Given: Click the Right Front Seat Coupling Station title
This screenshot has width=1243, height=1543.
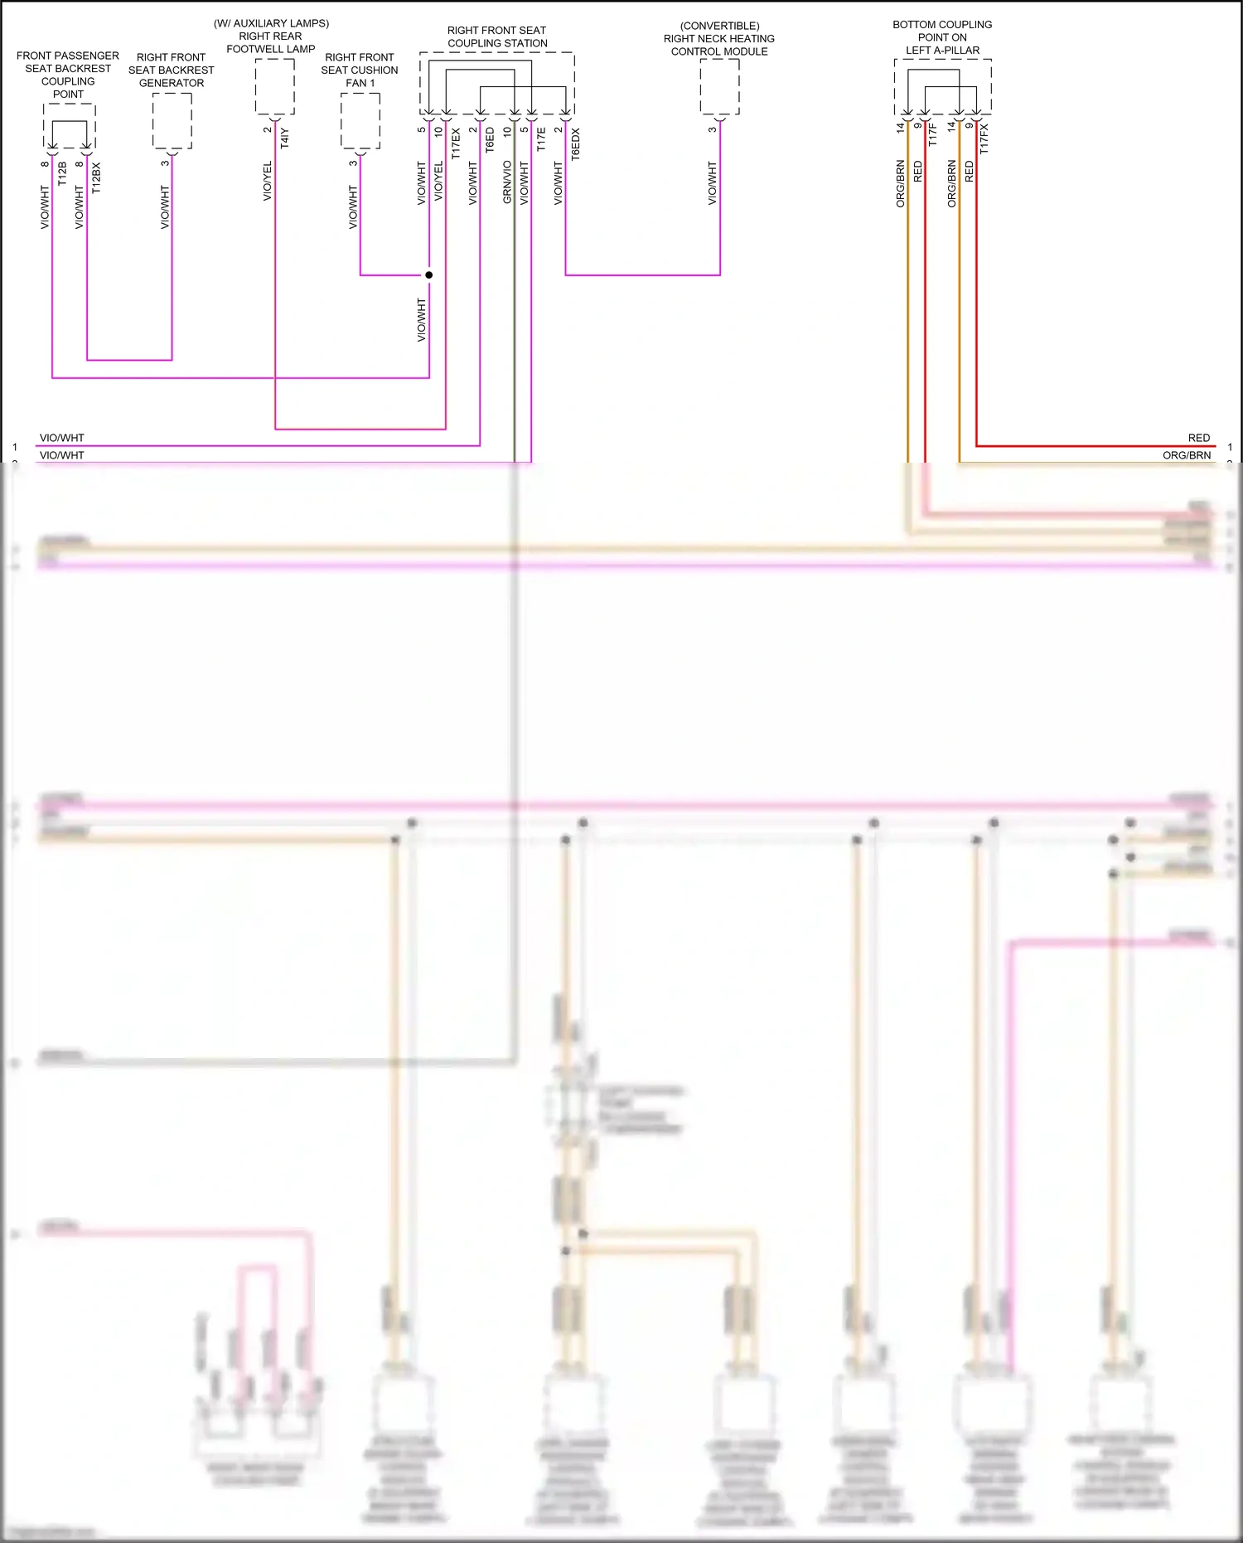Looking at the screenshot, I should tap(496, 36).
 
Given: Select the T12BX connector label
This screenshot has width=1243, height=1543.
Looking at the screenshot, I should tap(96, 178).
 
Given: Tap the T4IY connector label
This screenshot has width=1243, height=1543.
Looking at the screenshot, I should tap(284, 138).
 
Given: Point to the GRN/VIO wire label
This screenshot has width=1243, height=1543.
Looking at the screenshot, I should tap(507, 182).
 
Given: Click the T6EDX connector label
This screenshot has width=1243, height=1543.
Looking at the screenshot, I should tap(576, 143).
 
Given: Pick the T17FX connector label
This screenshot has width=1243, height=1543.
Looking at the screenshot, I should tap(984, 139).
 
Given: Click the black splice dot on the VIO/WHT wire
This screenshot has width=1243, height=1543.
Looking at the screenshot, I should tap(429, 274).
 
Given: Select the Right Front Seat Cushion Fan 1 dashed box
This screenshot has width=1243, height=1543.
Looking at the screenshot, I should tap(360, 120).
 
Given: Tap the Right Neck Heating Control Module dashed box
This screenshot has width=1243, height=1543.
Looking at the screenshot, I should tap(719, 87).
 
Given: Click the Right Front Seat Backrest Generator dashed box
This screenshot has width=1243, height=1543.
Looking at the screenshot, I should tap(172, 120).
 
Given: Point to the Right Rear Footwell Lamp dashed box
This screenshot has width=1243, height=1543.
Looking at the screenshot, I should tap(274, 86).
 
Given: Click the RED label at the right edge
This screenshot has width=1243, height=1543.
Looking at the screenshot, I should tap(1198, 438).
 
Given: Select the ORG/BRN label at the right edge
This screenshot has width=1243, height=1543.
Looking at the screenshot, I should tap(1186, 455).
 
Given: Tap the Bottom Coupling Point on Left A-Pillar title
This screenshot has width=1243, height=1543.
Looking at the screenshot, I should tap(942, 37).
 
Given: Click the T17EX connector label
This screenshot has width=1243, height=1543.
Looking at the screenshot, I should tap(456, 143).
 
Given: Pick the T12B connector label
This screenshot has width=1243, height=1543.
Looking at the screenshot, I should tap(62, 174).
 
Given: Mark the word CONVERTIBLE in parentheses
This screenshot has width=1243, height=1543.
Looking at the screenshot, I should tap(719, 26).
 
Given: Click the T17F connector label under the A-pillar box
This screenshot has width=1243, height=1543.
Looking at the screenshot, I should tap(932, 135).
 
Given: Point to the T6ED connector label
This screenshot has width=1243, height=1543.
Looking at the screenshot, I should tap(490, 140).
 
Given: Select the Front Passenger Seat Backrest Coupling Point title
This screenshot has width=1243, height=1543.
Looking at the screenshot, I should tap(68, 75).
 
